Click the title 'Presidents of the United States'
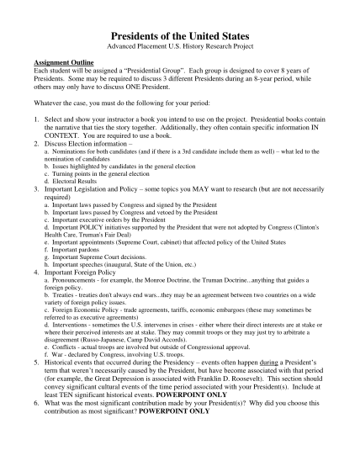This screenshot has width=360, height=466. (179, 35)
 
